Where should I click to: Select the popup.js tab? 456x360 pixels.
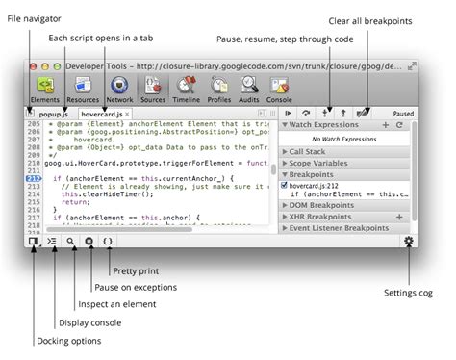tap(53, 113)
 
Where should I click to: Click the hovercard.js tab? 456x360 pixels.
tap(103, 113)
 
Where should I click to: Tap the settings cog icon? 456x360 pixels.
tap(410, 242)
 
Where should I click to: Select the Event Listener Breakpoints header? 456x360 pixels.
tap(342, 227)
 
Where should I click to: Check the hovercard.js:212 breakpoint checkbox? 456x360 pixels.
tap(285, 184)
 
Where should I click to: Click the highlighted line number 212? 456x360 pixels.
tap(33, 178)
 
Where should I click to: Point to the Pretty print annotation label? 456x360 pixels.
tap(136, 272)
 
